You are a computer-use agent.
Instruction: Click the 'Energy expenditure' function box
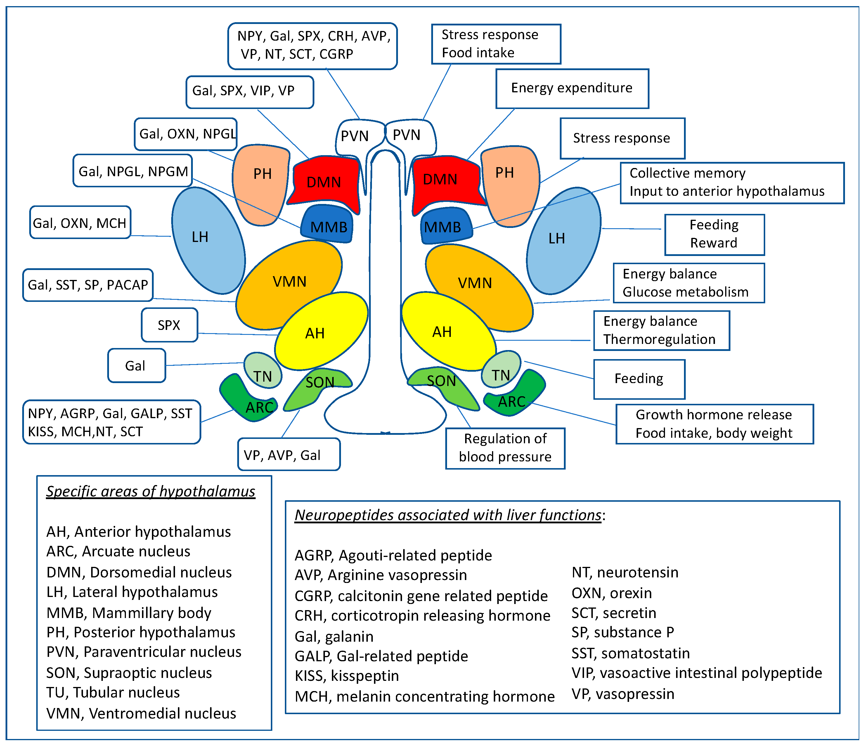572,88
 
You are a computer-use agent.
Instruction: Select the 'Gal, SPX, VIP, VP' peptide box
250,91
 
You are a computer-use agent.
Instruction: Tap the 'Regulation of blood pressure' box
505,448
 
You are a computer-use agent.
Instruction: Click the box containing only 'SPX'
169,325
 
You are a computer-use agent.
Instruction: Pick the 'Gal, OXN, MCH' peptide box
80,223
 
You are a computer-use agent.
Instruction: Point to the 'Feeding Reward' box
714,234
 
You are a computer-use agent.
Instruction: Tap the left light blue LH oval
207,240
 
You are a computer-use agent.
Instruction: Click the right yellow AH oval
445,331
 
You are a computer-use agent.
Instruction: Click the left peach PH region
261,178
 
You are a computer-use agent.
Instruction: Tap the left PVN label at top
355,136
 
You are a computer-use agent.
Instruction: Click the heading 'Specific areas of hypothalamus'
150,491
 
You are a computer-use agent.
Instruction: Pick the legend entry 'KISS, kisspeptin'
347,676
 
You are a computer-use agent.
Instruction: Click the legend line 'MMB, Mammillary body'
129,613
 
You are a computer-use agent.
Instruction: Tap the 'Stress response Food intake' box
496,44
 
